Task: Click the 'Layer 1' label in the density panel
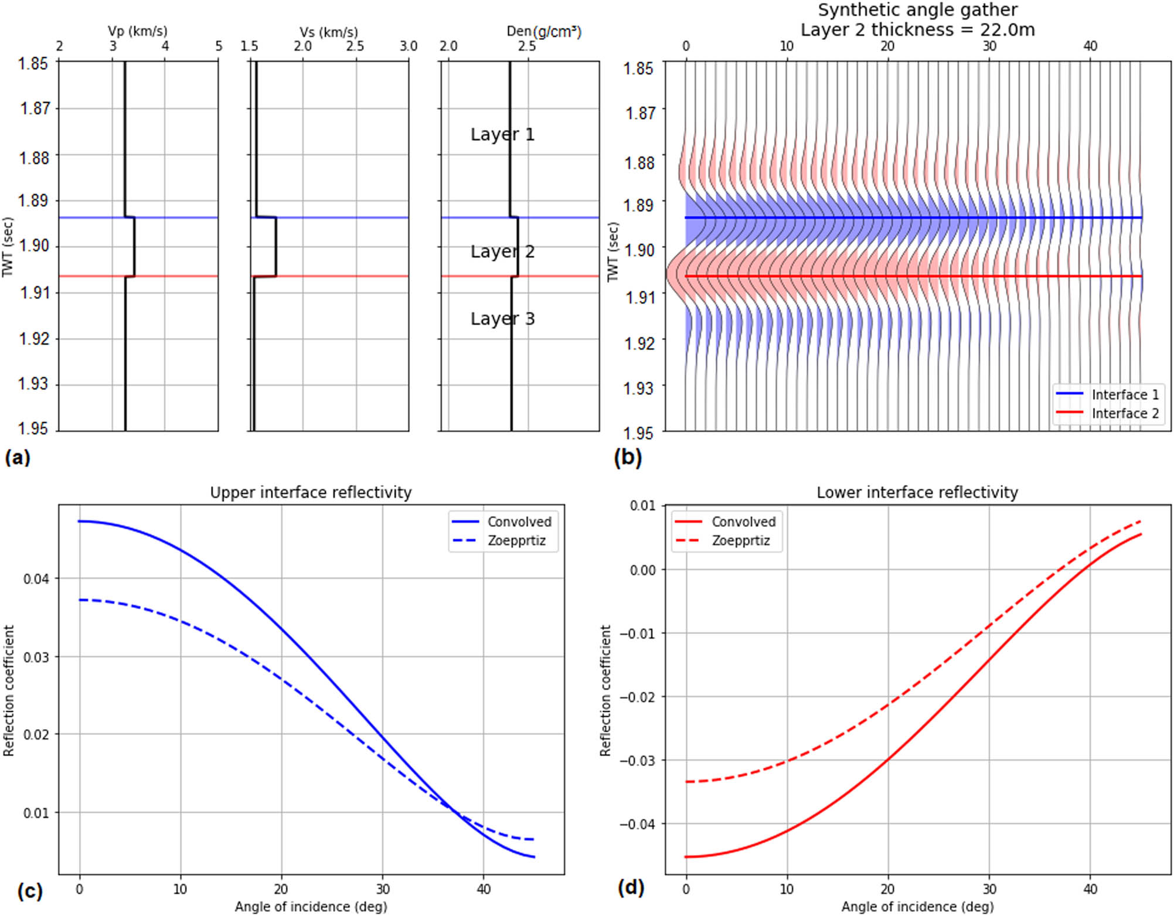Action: (502, 134)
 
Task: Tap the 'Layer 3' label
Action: (502, 318)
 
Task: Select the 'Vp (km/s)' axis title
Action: (138, 31)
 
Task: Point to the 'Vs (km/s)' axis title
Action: (328, 32)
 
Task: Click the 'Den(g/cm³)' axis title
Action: (544, 31)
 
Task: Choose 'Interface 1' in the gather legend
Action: (1124, 395)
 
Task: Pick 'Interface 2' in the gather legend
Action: (1124, 414)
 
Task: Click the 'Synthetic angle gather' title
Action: (917, 10)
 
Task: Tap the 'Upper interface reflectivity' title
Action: (311, 492)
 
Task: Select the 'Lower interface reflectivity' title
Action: (917, 492)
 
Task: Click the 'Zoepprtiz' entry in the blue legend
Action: (516, 540)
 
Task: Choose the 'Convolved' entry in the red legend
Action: (743, 522)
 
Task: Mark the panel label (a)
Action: (17, 457)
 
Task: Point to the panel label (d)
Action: (631, 887)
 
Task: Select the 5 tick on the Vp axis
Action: (219, 46)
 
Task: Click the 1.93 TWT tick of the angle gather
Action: (639, 388)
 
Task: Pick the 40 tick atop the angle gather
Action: (1090, 46)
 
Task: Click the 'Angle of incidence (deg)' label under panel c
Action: (311, 907)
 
